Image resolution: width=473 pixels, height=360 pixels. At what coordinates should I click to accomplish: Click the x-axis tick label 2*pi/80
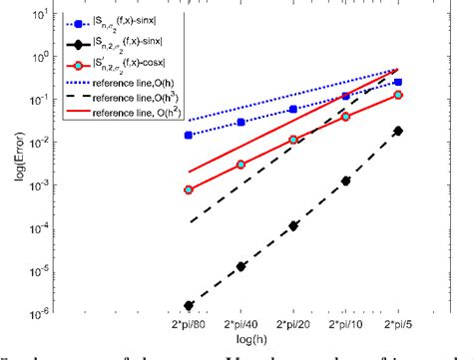[190, 325]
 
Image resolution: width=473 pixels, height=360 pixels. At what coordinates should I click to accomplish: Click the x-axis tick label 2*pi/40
[241, 325]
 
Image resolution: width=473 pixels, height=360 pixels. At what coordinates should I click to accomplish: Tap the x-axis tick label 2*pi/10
[346, 325]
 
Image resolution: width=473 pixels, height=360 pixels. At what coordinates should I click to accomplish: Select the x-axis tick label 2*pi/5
[398, 325]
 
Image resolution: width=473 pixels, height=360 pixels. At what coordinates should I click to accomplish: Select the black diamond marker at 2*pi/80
[190, 305]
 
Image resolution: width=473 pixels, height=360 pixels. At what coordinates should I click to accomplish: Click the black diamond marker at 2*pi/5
[398, 131]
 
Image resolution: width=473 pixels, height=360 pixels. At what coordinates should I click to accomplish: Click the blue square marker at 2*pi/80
[190, 135]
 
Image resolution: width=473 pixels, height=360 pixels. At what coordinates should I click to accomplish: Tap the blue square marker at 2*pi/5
[398, 82]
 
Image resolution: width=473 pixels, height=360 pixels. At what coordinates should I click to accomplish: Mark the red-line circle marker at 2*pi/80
[190, 189]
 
